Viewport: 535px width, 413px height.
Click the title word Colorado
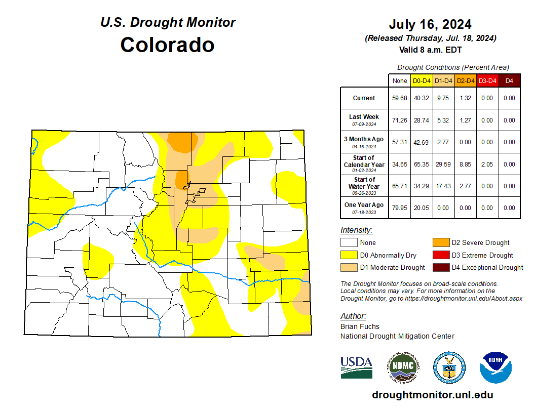[x=167, y=45]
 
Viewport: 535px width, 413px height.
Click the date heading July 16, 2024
[x=430, y=24]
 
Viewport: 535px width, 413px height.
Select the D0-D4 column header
[x=422, y=80]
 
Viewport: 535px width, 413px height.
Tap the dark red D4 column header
[x=509, y=80]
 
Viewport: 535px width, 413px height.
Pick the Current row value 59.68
[x=400, y=98]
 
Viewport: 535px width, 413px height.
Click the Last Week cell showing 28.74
[x=422, y=120]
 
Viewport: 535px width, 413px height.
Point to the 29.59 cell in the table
[x=443, y=164]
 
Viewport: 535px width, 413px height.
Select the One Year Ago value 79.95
[x=400, y=208]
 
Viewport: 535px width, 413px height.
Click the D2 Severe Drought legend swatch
[x=440, y=243]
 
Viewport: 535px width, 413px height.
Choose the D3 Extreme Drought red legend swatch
[x=440, y=255]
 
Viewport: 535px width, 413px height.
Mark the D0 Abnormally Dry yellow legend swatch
[x=349, y=255]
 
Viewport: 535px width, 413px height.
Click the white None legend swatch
[x=349, y=243]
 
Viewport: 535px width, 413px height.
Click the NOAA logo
[x=496, y=367]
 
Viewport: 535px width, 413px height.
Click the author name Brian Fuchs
[x=360, y=326]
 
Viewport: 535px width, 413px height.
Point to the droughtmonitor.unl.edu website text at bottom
[x=432, y=395]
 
